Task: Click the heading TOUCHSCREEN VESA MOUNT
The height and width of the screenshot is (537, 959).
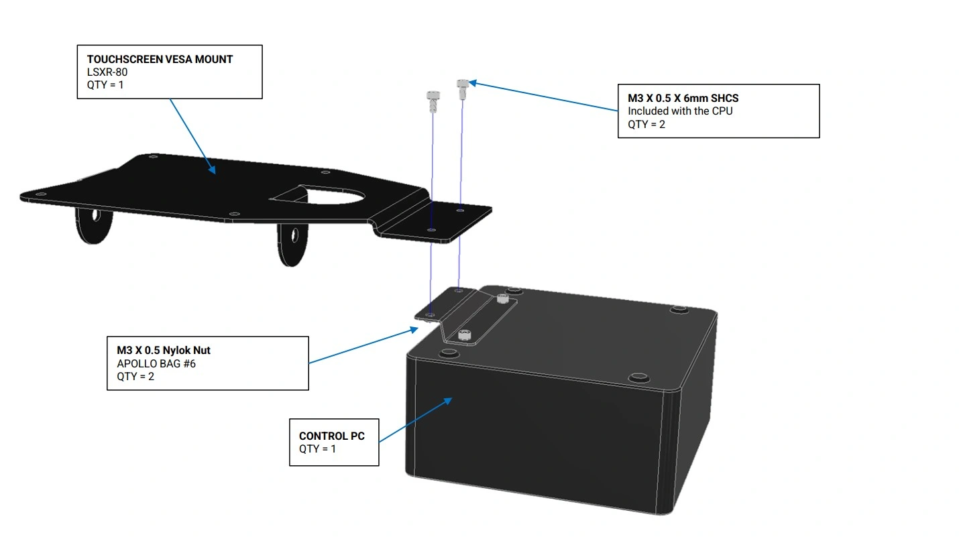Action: coord(160,59)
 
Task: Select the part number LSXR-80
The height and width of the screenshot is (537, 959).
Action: coord(107,72)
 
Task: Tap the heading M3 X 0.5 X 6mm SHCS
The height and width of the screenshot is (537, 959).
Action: coord(683,98)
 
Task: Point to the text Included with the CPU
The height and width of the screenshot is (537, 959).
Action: coord(680,111)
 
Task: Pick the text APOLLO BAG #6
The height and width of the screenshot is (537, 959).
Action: coord(156,363)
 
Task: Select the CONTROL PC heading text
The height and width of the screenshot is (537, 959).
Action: coord(332,436)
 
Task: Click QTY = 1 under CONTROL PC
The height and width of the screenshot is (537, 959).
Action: coord(317,449)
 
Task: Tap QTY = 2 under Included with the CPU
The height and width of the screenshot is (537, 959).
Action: coord(646,124)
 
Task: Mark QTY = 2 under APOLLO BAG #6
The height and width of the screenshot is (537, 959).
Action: coord(135,376)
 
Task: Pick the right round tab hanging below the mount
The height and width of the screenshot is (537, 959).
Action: coord(292,244)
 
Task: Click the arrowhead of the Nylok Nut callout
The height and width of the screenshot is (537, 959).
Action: coord(415,329)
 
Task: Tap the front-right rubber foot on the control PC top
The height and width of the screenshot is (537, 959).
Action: coord(638,376)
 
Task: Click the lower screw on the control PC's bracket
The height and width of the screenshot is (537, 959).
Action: coord(465,333)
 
